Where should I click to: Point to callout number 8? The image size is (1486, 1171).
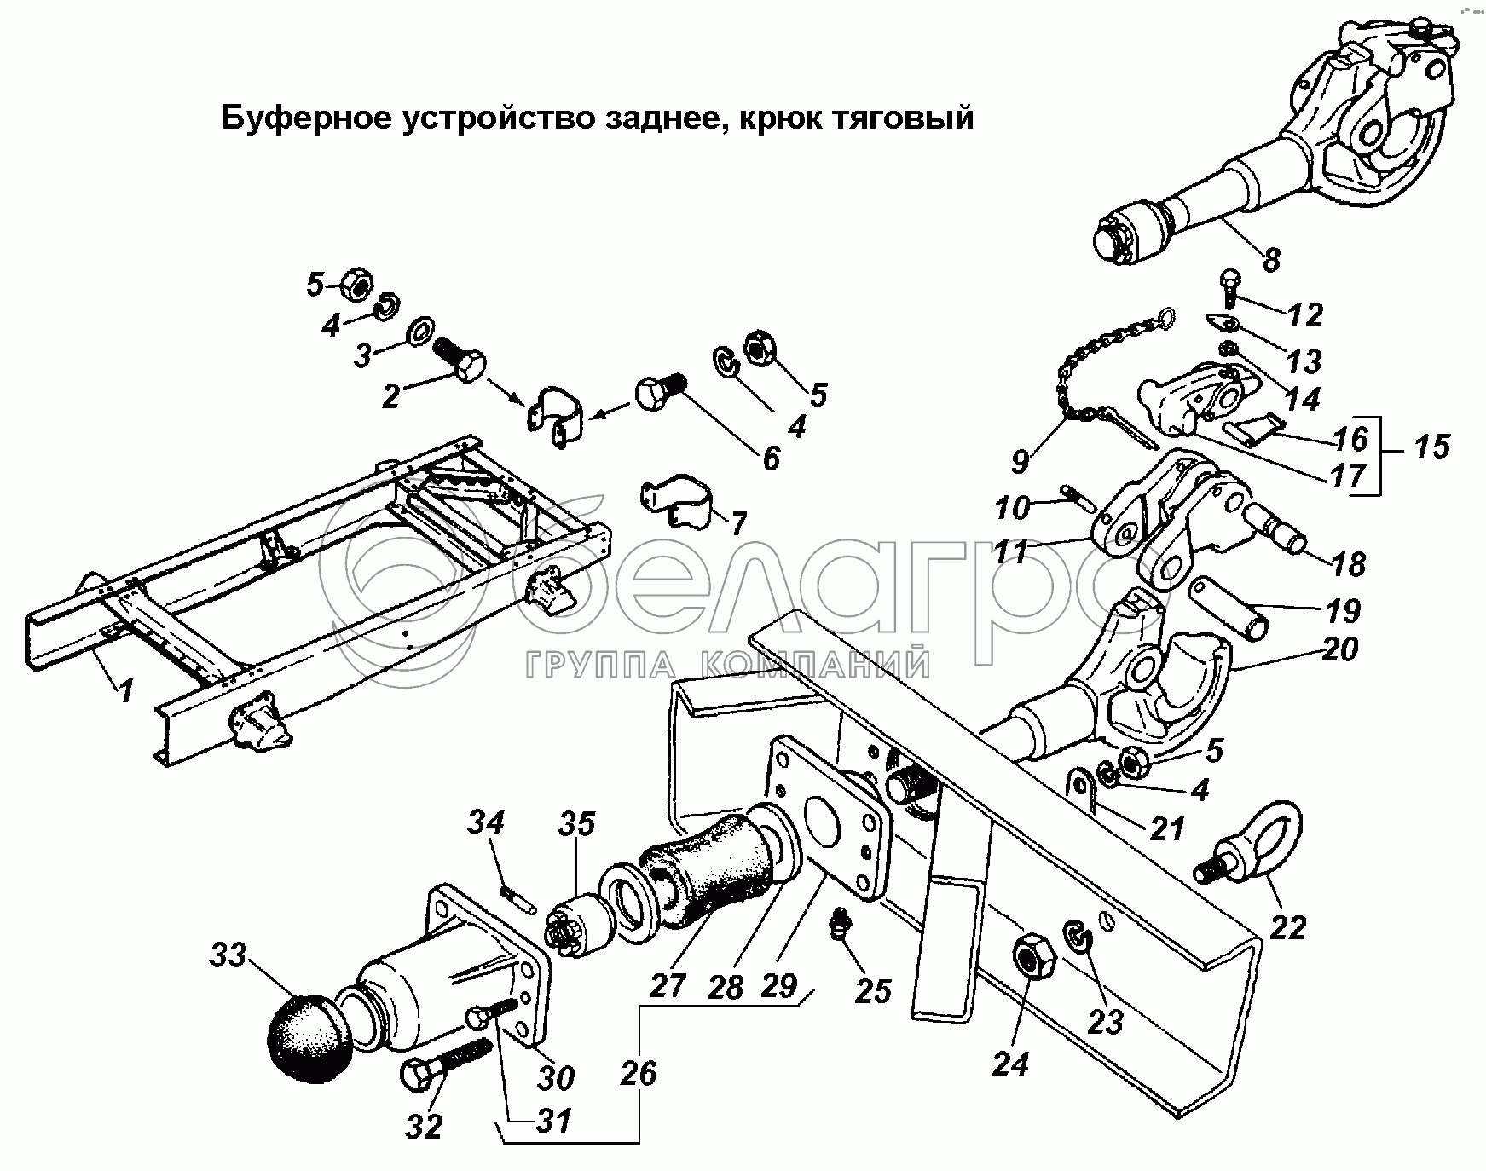(x=1271, y=258)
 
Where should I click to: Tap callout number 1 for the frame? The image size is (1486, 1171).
(x=126, y=689)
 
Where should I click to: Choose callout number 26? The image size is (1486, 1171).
(x=638, y=1072)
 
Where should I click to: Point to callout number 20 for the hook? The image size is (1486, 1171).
(x=1339, y=649)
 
